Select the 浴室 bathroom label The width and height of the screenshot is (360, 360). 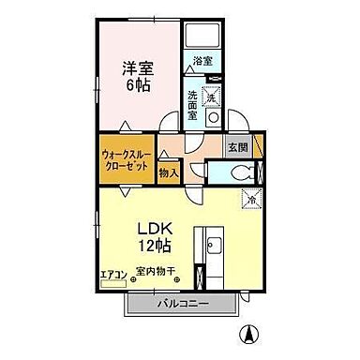(202, 61)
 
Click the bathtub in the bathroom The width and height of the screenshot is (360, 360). (202, 36)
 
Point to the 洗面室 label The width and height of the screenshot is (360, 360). (192, 99)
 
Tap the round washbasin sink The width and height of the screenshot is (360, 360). (213, 119)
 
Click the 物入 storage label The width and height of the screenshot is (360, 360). (169, 172)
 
